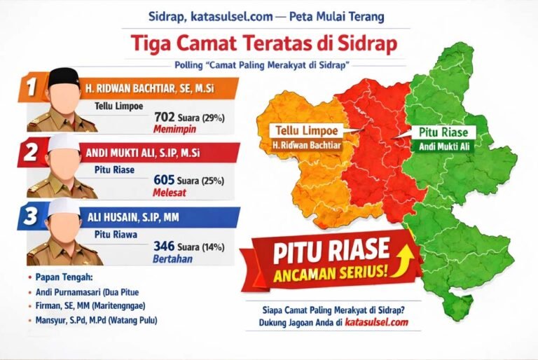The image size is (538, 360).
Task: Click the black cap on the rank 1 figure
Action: (64, 77)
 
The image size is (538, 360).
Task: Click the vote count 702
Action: (165, 118)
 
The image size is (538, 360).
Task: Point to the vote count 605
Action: (164, 180)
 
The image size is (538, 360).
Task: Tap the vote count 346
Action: (164, 246)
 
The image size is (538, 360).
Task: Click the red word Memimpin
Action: (174, 130)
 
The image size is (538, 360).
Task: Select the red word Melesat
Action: (170, 193)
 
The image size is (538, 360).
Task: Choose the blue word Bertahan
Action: (172, 258)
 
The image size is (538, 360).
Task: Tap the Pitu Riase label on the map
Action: (443, 132)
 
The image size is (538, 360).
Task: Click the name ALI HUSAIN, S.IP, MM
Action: (134, 218)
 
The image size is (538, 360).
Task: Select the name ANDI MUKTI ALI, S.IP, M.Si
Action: (143, 153)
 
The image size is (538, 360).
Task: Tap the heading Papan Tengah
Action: (64, 277)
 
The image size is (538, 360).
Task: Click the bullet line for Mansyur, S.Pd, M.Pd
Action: (97, 321)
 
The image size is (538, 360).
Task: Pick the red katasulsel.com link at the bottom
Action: (376, 322)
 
